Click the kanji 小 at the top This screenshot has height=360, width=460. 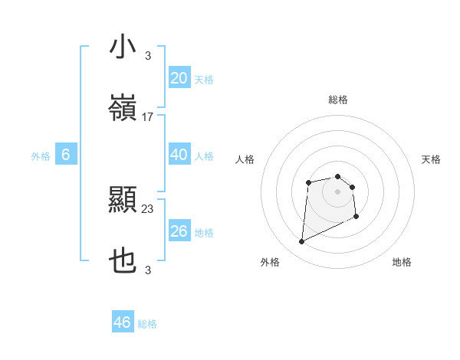click(x=123, y=47)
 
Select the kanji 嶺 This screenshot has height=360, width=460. click(x=123, y=110)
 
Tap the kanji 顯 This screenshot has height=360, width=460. click(x=123, y=201)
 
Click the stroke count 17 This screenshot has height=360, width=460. click(x=148, y=117)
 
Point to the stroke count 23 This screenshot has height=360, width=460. click(x=148, y=208)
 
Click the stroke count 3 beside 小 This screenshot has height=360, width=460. click(x=148, y=55)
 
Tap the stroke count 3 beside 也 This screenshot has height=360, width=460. click(x=148, y=270)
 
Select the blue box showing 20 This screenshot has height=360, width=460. click(x=179, y=78)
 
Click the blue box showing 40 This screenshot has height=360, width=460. click(x=179, y=155)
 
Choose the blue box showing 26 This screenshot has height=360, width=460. click(x=179, y=231)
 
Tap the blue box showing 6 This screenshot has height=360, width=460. click(x=66, y=155)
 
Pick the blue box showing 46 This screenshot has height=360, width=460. click(x=123, y=322)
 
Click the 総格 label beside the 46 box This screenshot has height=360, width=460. click(x=147, y=324)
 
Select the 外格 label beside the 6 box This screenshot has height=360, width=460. click(x=41, y=156)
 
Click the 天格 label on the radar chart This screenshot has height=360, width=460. click(x=432, y=159)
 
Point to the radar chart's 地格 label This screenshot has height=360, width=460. click(x=402, y=262)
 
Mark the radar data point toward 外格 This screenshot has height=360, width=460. click(x=301, y=242)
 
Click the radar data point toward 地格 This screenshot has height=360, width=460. click(x=356, y=217)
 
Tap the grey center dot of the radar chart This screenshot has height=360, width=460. click(x=337, y=191)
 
